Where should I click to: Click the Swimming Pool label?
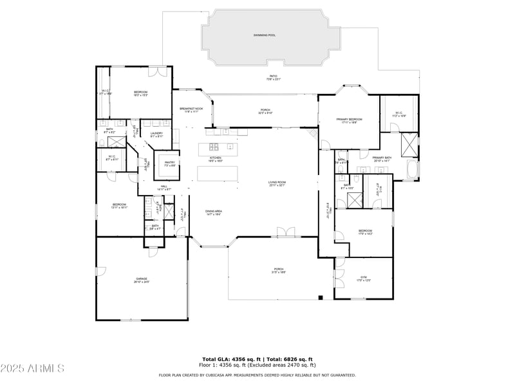[264, 35]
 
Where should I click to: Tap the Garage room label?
[141, 279]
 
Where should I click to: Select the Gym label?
[364, 278]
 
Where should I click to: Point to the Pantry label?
[170, 162]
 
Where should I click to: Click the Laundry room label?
[156, 133]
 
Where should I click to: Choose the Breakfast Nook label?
[191, 109]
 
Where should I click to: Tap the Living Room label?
[277, 182]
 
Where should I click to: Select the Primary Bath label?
[382, 158]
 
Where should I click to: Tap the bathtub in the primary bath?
[413, 169]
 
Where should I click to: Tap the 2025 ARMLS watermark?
[32, 369]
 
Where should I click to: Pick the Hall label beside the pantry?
[165, 187]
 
